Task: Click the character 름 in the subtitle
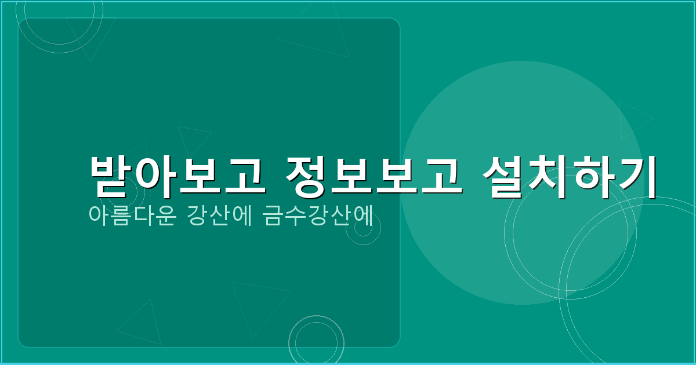(120, 214)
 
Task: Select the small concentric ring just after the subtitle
(363, 228)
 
